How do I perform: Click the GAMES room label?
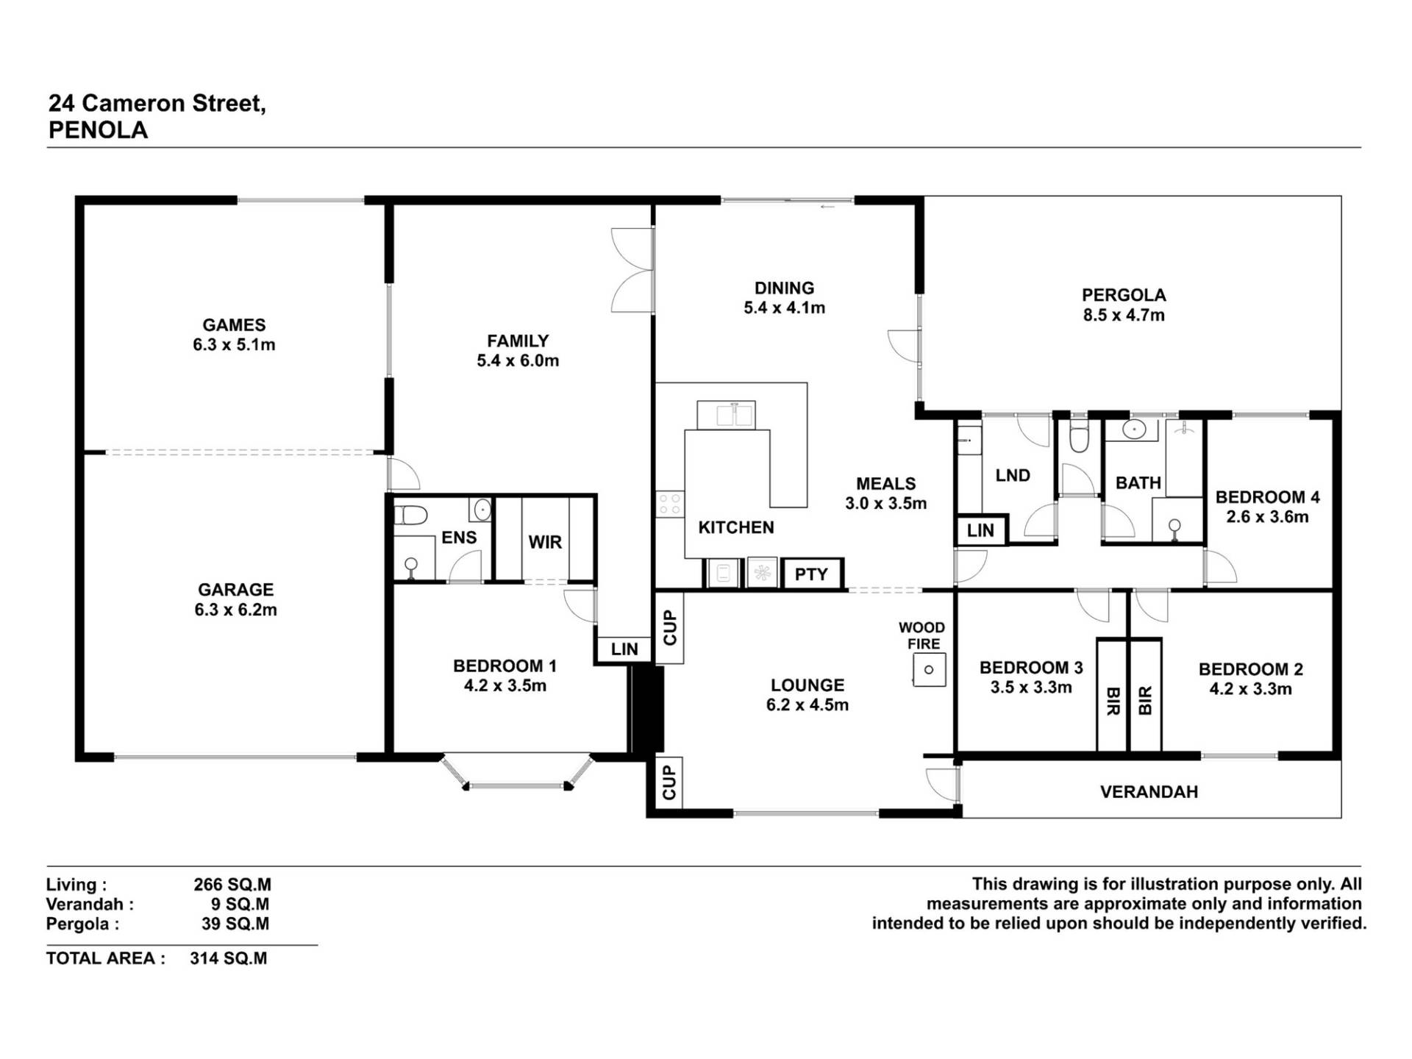click(x=234, y=324)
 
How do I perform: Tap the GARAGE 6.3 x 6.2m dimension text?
click(x=235, y=610)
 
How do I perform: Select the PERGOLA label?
click(x=1124, y=295)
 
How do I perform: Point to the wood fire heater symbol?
click(x=929, y=670)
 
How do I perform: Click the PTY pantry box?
click(x=812, y=574)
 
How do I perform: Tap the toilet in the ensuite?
click(x=410, y=515)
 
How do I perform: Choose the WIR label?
click(x=545, y=542)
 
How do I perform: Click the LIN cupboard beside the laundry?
click(x=980, y=530)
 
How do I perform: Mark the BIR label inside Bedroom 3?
click(x=1112, y=701)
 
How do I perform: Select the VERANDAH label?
click(x=1149, y=792)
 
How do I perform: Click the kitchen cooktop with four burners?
click(x=669, y=504)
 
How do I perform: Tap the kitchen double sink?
click(x=725, y=415)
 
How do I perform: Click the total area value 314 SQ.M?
click(x=228, y=958)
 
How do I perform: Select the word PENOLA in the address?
click(x=98, y=130)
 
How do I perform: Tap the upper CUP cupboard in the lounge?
click(x=669, y=627)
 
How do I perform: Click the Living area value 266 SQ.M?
click(x=232, y=885)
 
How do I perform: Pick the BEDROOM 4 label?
click(x=1267, y=497)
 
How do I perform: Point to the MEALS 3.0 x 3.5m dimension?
click(x=885, y=504)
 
